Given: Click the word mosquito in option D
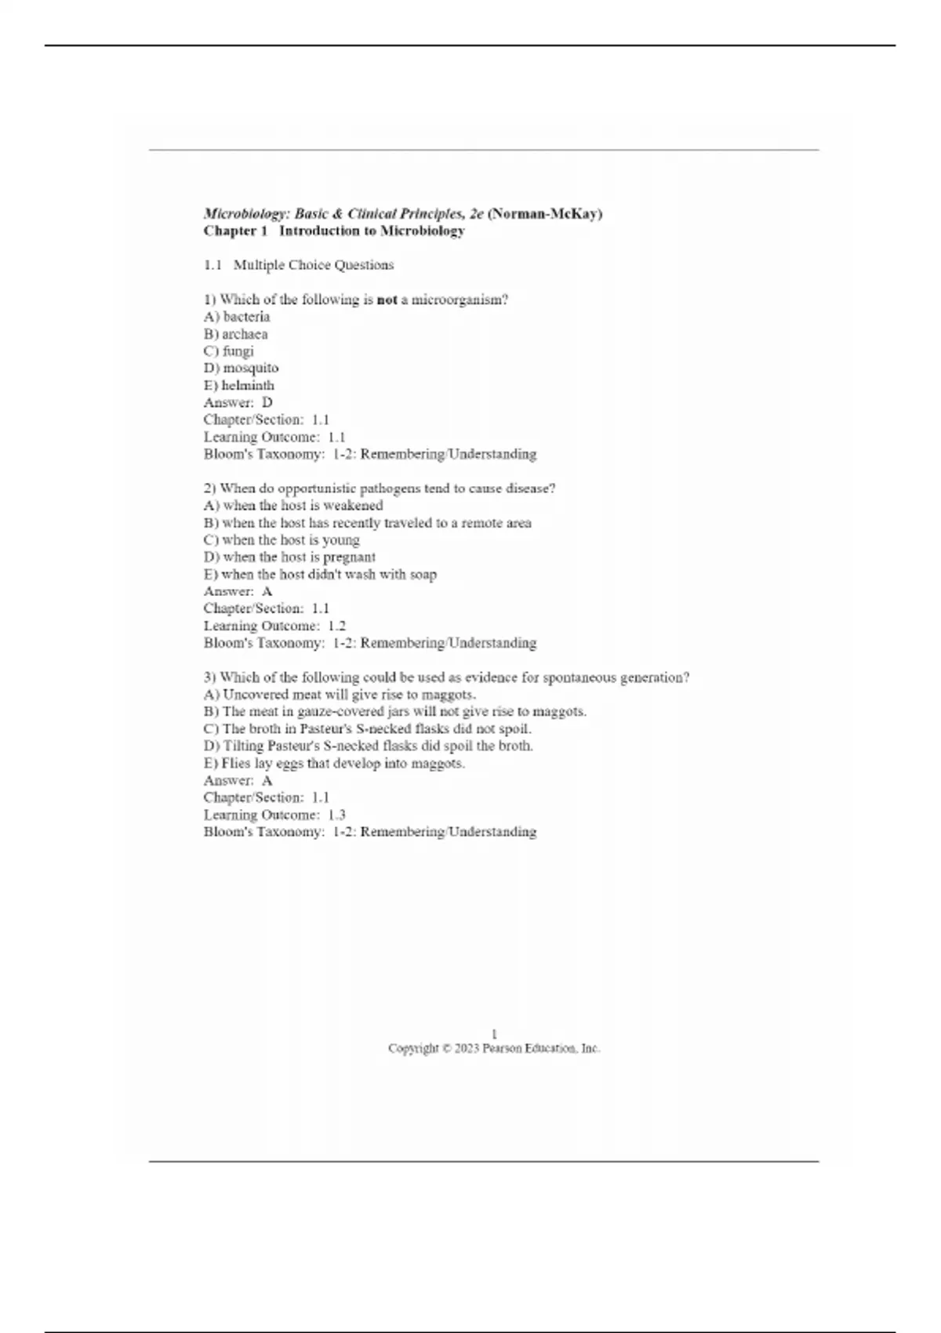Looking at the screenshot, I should click(250, 368).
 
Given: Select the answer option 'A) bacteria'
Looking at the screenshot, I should click(237, 317).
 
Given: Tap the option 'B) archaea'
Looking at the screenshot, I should click(235, 334).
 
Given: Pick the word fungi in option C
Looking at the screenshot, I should click(238, 351).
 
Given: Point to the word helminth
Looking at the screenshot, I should click(248, 385).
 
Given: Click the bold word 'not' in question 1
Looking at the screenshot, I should click(387, 300).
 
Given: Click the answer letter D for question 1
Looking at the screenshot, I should click(267, 402).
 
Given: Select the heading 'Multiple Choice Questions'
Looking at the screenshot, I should click(314, 265).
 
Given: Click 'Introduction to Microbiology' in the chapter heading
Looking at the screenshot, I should click(372, 231).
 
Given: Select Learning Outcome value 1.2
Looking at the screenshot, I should click(336, 626).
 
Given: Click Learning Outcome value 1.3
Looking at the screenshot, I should click(336, 815).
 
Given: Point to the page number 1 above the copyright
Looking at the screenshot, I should click(494, 1033).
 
